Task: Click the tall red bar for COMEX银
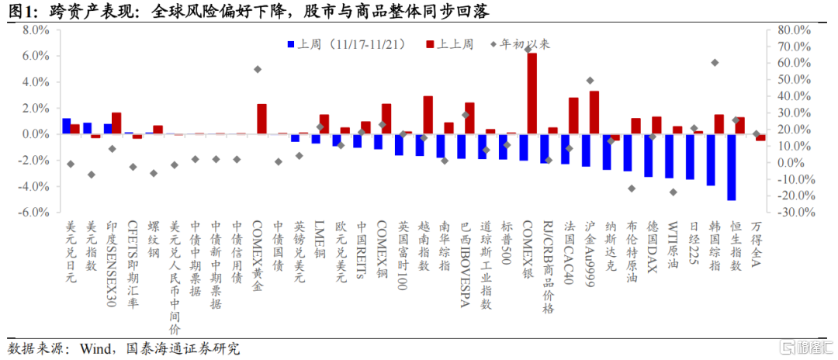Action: pyautogui.click(x=532, y=93)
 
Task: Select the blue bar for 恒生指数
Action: pyautogui.click(x=731, y=166)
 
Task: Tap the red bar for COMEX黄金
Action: pyautogui.click(x=261, y=119)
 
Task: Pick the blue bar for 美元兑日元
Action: pyautogui.click(x=66, y=126)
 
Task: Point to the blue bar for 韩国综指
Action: pyautogui.click(x=710, y=159)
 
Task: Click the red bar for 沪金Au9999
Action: pyautogui.click(x=594, y=112)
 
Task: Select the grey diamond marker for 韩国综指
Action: pyautogui.click(x=715, y=63)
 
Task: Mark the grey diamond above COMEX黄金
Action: pyautogui.click(x=258, y=69)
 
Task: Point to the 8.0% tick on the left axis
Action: pyautogui.click(x=36, y=30)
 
